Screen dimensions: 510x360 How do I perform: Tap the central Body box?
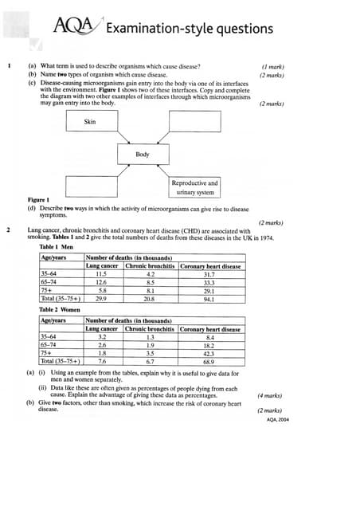point(142,154)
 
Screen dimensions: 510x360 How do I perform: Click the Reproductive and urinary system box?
point(194,187)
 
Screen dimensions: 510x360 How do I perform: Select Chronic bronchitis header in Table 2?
point(150,328)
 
